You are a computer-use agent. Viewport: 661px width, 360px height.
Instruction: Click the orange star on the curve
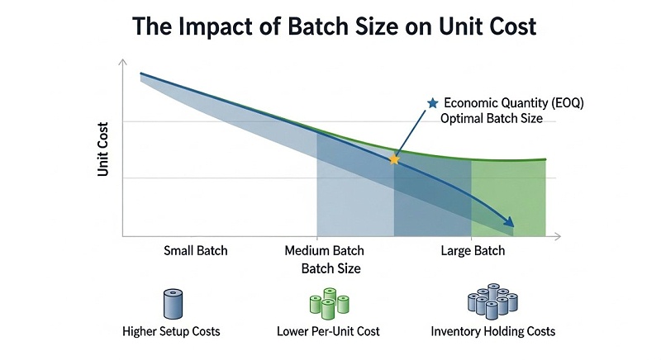point(394,159)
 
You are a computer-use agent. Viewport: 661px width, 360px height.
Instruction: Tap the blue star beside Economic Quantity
point(431,103)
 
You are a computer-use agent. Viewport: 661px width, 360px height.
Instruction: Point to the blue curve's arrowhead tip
point(512,225)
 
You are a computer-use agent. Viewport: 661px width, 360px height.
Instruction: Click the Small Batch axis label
point(195,250)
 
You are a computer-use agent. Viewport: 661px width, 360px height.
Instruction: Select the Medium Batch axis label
point(324,250)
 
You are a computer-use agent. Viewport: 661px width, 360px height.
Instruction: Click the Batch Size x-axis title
point(330,268)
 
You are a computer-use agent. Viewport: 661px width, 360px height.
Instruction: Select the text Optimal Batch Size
point(492,119)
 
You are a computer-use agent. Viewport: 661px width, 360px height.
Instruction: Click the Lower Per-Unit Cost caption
point(329,331)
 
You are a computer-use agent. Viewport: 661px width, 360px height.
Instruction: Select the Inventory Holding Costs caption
point(493,331)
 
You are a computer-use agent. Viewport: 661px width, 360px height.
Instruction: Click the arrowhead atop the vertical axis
point(122,62)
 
